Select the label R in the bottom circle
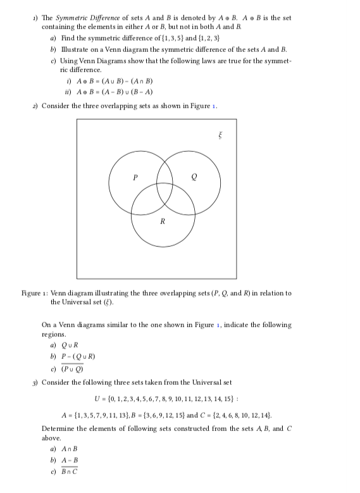163,221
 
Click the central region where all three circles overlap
164,192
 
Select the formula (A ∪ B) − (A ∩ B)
124,82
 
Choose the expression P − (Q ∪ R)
77,356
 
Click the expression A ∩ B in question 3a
68,450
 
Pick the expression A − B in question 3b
68,461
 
